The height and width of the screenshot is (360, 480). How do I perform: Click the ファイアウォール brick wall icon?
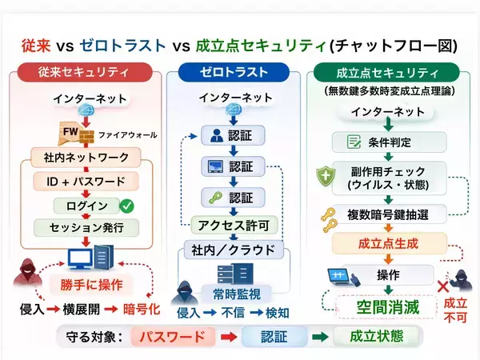coord(86,133)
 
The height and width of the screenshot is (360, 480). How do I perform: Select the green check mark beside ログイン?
coord(126,206)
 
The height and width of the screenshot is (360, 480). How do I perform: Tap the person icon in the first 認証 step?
coord(212,134)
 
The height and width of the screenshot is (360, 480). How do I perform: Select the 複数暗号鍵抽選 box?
coord(388,214)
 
